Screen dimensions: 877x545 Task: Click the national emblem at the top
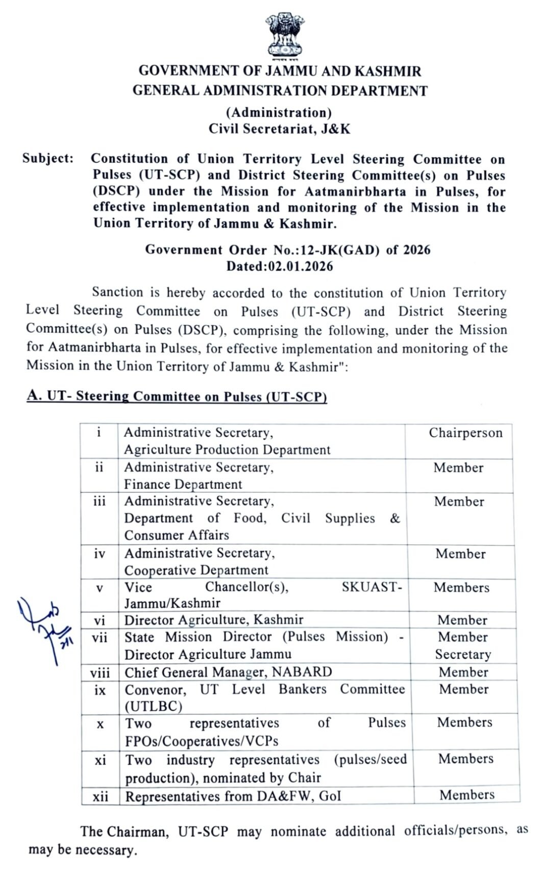coord(284,35)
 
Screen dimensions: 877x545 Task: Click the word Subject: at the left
coord(48,159)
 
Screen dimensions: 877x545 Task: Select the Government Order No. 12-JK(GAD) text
coord(288,250)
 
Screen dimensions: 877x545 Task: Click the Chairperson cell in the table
coord(465,433)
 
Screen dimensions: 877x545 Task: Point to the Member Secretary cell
coord(463,646)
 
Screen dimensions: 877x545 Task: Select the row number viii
coord(100,672)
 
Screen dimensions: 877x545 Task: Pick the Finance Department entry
coord(183,484)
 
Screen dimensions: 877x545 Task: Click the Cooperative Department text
coord(196,570)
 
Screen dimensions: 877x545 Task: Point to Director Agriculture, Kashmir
coord(214,620)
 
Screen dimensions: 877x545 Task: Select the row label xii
coord(101,796)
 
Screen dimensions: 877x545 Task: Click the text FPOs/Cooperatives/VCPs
coord(202,741)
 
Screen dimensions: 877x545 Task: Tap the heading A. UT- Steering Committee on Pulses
coord(177,397)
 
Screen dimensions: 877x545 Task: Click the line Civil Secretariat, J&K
coord(279,129)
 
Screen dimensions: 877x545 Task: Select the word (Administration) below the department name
coord(279,112)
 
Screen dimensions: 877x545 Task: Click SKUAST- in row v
coord(371,587)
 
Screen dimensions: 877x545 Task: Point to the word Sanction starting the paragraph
coord(117,293)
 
